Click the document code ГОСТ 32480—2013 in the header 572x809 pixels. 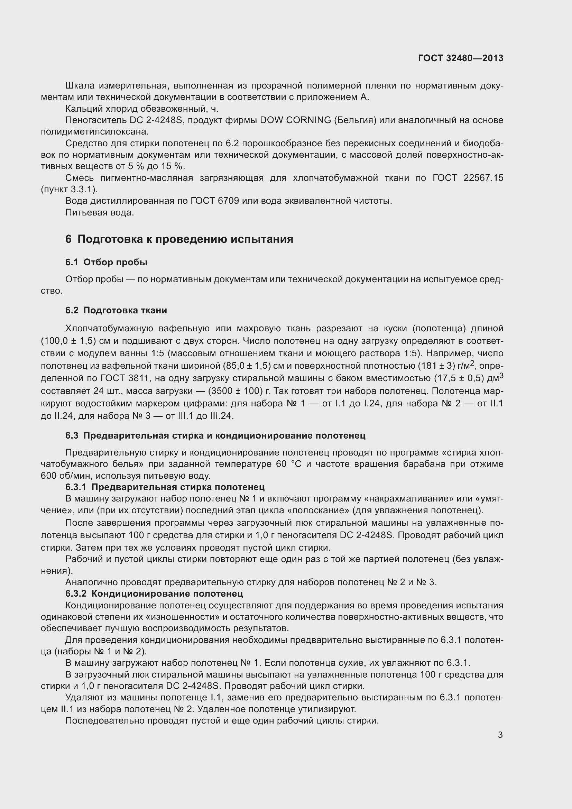(461, 58)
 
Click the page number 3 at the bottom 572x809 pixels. (500, 735)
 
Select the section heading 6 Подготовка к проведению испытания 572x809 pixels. (179, 239)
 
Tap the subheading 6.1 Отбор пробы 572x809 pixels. (107, 262)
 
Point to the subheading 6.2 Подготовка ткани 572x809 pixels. (116, 310)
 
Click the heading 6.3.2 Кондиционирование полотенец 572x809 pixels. (154, 594)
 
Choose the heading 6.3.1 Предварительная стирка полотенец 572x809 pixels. (165, 487)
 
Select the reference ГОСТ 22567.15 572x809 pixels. (468, 178)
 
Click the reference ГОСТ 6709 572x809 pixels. (215, 201)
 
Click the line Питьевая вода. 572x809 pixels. (100, 212)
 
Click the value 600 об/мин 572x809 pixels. (66, 476)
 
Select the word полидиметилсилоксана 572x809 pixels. (95, 132)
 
